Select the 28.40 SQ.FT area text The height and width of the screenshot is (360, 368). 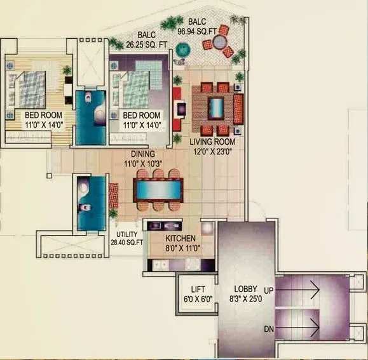[x=127, y=242]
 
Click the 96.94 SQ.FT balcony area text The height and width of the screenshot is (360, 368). [x=203, y=29]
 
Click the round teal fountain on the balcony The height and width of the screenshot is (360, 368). [x=183, y=48]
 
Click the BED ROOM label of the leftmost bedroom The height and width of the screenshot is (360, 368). [x=39, y=115]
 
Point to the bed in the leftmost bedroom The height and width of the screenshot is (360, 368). [x=29, y=88]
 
